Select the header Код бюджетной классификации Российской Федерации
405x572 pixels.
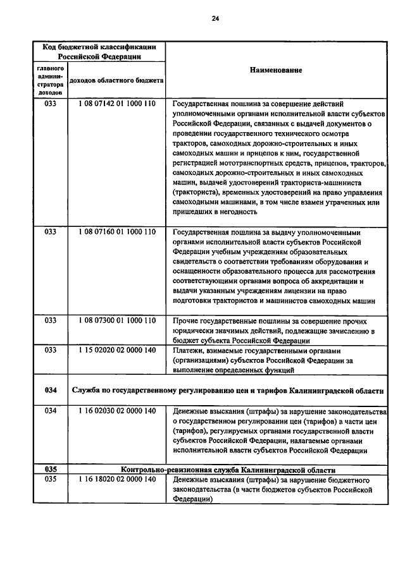point(99,51)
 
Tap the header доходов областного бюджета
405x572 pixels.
point(116,81)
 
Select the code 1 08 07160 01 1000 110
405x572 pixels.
point(117,232)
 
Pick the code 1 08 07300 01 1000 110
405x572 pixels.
point(117,320)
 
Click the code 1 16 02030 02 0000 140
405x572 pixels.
point(117,411)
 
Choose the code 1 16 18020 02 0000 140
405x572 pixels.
point(117,480)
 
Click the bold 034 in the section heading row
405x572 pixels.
point(51,390)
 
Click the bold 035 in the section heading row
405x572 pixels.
point(51,470)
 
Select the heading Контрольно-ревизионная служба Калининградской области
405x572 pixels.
point(227,470)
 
